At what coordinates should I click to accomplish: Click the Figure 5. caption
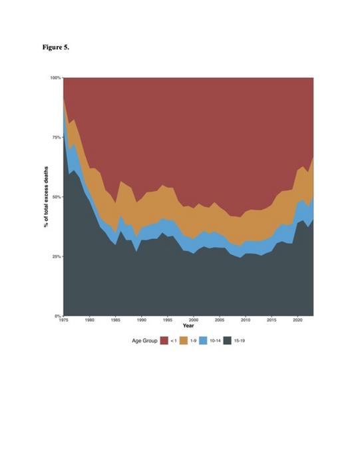tap(56, 47)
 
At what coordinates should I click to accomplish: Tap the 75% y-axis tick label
tap(57, 137)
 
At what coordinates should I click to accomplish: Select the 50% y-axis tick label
tap(57, 197)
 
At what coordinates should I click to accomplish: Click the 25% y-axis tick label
tap(57, 256)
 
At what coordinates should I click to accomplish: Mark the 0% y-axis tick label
tap(58, 316)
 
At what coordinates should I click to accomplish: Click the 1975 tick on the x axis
tap(64, 320)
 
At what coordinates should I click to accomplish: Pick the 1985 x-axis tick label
tap(116, 320)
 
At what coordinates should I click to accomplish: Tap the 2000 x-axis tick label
tap(194, 320)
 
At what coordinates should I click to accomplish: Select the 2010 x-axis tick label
tap(246, 320)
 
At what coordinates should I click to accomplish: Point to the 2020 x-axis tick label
tap(297, 320)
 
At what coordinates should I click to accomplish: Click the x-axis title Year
tap(188, 326)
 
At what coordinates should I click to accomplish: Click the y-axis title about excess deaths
tap(46, 197)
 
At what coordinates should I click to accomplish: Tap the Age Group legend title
tap(144, 341)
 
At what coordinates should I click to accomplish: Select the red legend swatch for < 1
tap(164, 341)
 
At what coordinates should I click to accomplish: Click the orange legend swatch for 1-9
tap(184, 341)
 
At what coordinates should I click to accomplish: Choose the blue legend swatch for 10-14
tap(203, 341)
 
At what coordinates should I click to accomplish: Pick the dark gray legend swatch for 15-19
tap(227, 341)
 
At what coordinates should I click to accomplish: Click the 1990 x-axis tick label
tap(142, 320)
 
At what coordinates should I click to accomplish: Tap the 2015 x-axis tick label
tap(271, 320)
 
